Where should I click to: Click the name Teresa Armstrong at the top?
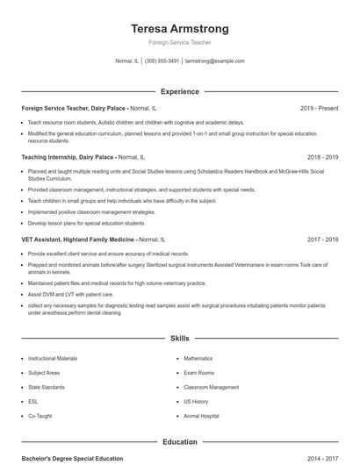[179, 28]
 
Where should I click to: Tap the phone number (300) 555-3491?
[162, 61]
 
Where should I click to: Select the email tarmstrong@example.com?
[215, 61]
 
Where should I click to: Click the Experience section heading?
[179, 91]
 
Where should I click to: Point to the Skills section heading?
[179, 338]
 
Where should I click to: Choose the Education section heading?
[179, 442]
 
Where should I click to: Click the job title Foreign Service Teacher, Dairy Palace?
[74, 109]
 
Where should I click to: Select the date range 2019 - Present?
[319, 109]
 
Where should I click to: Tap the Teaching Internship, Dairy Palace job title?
[68, 157]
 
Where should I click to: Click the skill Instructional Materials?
[53, 359]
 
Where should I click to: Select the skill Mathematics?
[198, 359]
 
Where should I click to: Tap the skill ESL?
[33, 401]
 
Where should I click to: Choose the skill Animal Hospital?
[201, 416]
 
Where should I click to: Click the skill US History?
[196, 401]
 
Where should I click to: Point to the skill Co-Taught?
[40, 416]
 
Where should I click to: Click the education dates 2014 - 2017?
[323, 459]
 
